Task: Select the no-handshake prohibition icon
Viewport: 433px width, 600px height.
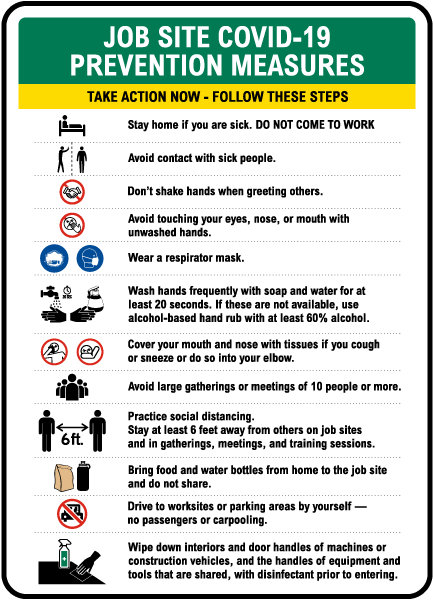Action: pos(72,191)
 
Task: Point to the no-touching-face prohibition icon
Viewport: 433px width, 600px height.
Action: pos(72,224)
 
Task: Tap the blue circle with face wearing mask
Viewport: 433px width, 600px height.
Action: pos(90,257)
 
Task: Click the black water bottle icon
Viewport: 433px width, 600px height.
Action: pos(87,475)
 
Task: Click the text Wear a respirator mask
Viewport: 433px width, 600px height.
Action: pos(187,257)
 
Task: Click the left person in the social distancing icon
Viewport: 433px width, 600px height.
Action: pos(46,430)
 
